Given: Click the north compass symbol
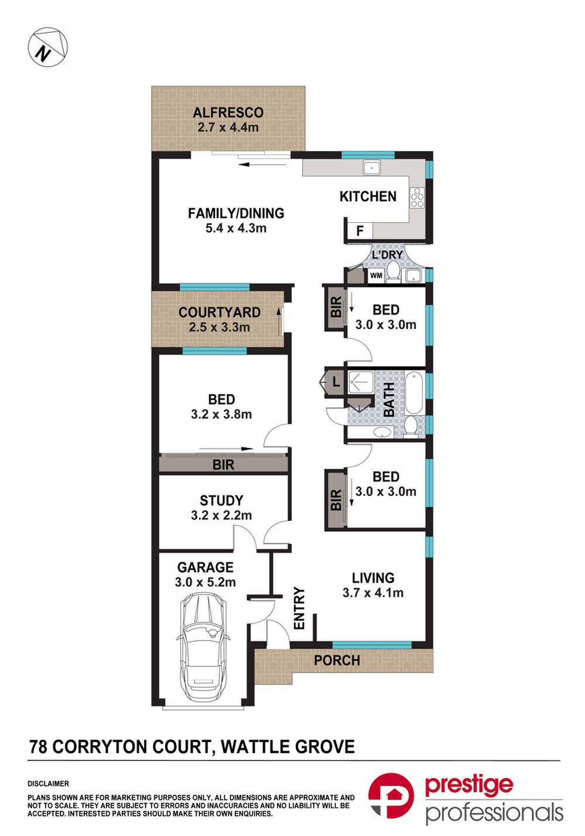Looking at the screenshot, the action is pos(48,47).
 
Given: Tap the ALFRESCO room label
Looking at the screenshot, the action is pos(228,112).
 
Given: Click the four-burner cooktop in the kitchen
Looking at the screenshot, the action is pos(417,197).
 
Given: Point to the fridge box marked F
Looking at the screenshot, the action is pos(360,231).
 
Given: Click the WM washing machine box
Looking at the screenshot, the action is pos(376,276).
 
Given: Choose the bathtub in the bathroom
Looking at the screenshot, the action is pos(414,393).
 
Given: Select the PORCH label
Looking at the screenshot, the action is pos(337,660).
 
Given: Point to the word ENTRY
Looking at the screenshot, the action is pos(300,608).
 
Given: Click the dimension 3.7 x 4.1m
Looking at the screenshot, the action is pos(373,593).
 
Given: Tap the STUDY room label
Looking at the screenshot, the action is pos(221,500).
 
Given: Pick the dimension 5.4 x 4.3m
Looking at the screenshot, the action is pos(236,228).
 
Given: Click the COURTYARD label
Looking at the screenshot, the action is pos(219,312).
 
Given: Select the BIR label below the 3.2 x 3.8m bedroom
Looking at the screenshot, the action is pos(223,465).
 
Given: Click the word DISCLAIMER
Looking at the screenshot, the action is pos(48,784).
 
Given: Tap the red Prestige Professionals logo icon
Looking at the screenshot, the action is pos(391,795).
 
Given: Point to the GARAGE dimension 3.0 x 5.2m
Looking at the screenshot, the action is pos(205,582).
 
